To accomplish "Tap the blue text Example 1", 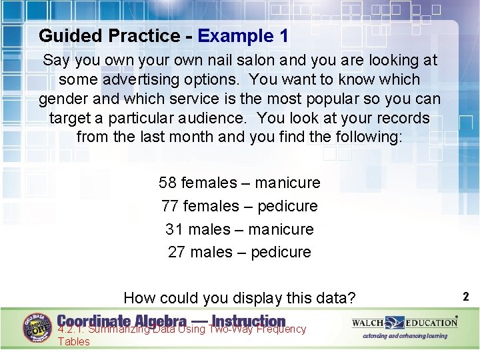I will coord(243,36).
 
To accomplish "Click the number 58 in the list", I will coord(168,183).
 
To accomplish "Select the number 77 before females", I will coord(170,206).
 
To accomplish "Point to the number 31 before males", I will coord(174,229).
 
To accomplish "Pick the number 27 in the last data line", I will coord(177,252).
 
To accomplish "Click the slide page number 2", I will coord(466,297).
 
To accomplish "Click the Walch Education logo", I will coord(405,323).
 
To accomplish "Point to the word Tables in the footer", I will coord(73,341).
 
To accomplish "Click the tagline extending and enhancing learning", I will coord(405,336).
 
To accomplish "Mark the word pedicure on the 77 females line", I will coord(287,206).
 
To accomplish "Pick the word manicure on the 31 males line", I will coord(280,229).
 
